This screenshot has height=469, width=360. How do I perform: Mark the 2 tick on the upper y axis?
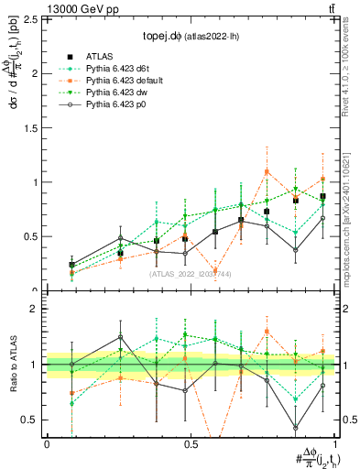coord(37,73)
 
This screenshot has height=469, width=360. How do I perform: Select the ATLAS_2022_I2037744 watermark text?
coord(190,274)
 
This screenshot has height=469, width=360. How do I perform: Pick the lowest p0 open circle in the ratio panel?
coord(296,428)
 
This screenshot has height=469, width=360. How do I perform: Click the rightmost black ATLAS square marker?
coord(322,197)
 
